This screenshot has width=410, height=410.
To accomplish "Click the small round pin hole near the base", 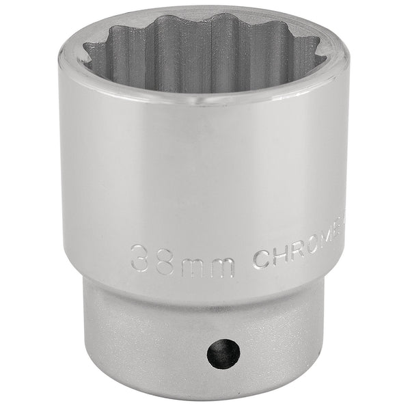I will pyautogui.click(x=223, y=353).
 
